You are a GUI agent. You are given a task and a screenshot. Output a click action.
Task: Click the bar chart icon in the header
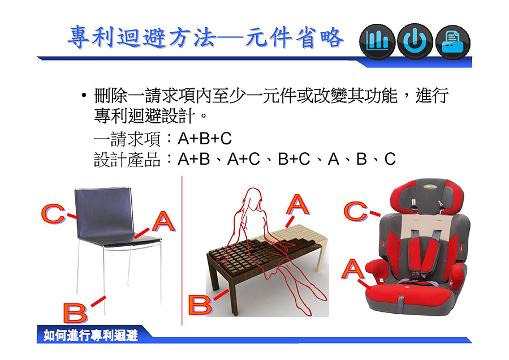click(377, 41)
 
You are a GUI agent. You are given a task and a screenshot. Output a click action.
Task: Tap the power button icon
click(415, 41)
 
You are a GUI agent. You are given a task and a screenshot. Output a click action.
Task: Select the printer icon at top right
click(452, 42)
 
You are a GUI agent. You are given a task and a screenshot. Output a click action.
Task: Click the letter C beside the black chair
click(53, 213)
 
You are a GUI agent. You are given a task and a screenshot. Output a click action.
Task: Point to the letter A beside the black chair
click(163, 221)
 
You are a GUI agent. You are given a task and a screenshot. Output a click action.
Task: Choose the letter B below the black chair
click(75, 312)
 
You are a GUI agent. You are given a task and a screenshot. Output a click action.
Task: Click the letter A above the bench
click(297, 204)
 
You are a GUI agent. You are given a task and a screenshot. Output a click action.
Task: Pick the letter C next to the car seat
click(355, 211)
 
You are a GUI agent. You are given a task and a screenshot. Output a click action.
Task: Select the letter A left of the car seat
click(352, 269)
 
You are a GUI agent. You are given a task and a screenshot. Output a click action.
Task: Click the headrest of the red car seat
click(427, 196)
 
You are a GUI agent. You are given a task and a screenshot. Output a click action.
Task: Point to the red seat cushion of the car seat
click(409, 295)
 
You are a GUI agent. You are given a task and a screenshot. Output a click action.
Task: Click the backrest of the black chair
click(105, 213)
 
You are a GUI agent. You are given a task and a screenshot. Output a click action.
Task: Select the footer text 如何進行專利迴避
click(91, 335)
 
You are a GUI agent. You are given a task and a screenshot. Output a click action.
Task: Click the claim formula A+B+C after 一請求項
click(205, 139)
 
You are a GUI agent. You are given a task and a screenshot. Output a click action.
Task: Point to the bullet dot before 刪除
click(84, 96)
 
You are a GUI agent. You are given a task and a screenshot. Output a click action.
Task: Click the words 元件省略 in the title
click(294, 38)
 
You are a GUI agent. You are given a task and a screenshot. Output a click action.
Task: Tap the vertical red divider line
click(182, 251)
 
